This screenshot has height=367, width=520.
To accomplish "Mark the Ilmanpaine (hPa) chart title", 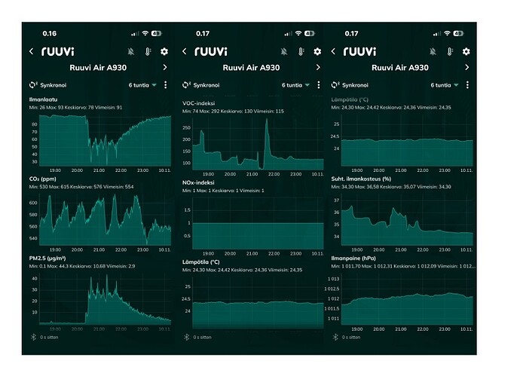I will tap(356, 258).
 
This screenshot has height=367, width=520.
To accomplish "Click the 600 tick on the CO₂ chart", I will tap(33, 203).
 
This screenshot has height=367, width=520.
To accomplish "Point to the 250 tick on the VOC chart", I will tap(188, 130).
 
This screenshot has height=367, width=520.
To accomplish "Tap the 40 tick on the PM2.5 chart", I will tap(33, 279).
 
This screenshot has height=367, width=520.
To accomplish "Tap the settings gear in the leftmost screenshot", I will tap(164, 51).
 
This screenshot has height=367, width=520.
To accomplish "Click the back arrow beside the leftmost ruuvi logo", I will tap(32, 51).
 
